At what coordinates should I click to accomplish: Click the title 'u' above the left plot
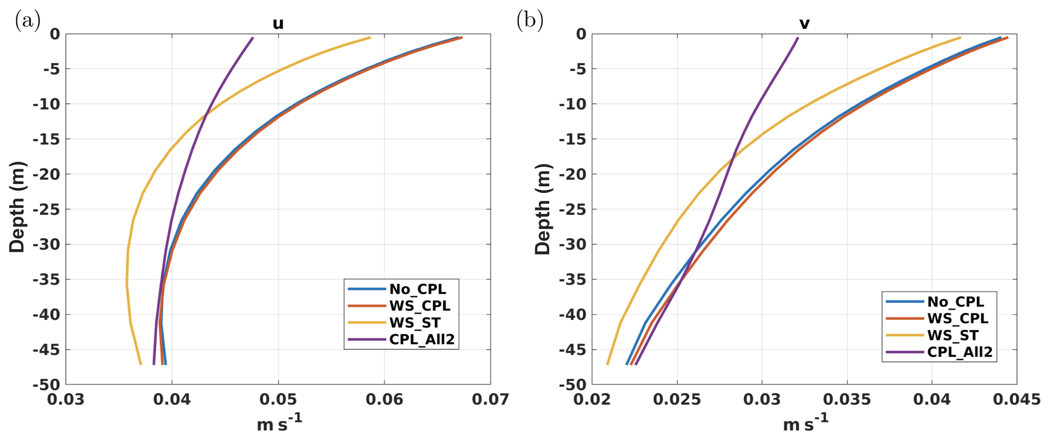tap(278, 23)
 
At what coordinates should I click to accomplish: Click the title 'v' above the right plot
tap(804, 23)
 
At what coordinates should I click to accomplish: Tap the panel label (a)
tap(28, 20)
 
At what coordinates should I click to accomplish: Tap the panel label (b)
tap(530, 20)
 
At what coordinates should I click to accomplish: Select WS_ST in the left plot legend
tap(414, 323)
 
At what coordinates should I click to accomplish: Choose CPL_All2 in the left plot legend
tap(421, 339)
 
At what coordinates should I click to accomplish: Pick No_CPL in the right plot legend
tap(955, 302)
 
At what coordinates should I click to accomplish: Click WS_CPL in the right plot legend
tap(958, 318)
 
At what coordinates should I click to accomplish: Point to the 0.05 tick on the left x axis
tap(278, 399)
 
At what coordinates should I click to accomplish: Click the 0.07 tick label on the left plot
tap(490, 399)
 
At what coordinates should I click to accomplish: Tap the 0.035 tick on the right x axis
tap(847, 399)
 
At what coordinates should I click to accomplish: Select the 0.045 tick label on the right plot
tap(1017, 399)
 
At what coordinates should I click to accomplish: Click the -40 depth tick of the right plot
tap(572, 315)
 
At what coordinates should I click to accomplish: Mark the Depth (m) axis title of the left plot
tap(17, 207)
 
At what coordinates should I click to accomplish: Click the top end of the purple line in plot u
tap(253, 37)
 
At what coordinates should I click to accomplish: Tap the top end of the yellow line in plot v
tap(961, 37)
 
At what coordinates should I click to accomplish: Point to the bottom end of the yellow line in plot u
tap(141, 364)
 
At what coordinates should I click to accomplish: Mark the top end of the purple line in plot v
tap(798, 38)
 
